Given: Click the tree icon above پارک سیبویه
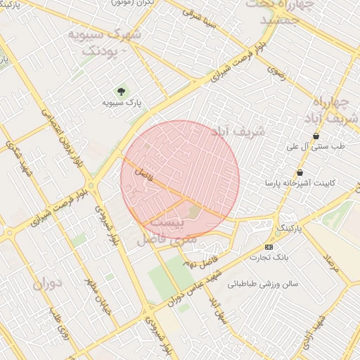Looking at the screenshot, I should (x=122, y=91).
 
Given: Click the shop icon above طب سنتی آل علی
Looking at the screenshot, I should (x=316, y=136).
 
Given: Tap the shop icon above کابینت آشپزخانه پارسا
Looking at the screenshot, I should (x=300, y=172).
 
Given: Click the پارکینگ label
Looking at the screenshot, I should (x=288, y=229).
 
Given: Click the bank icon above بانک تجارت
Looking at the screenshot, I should (x=269, y=247).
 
